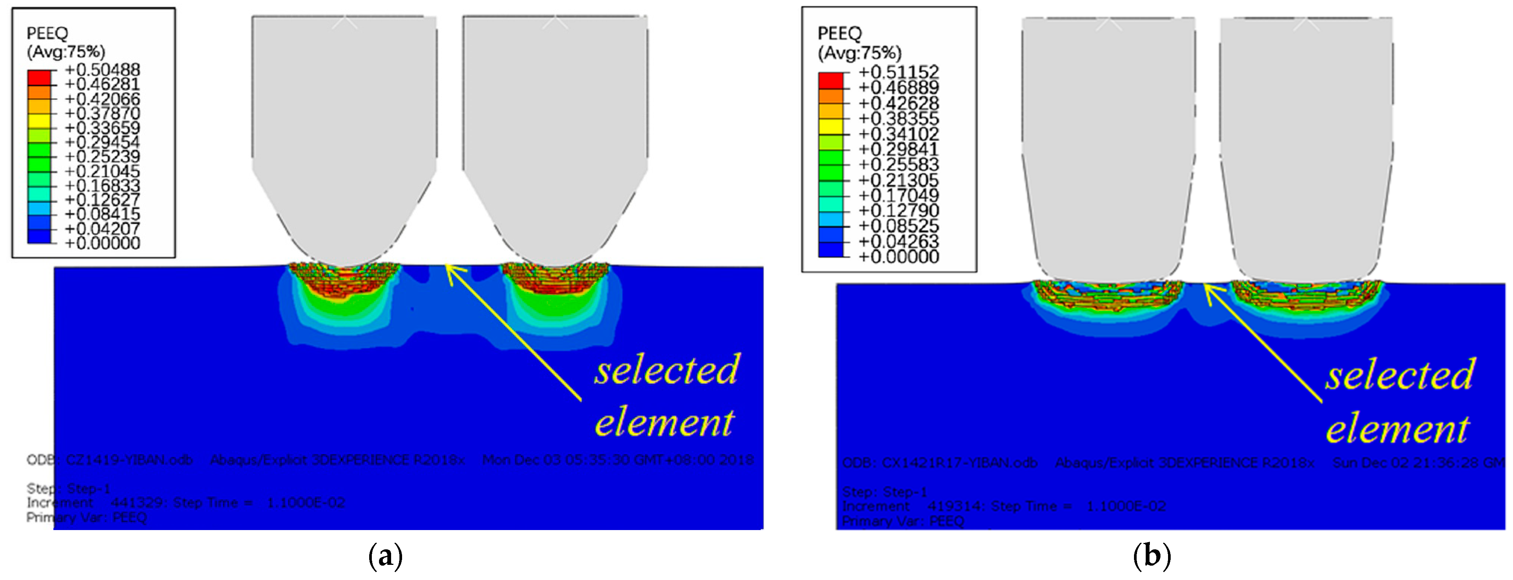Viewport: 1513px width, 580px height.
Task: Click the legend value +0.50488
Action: click(102, 70)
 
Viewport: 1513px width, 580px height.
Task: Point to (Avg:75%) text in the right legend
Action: click(859, 53)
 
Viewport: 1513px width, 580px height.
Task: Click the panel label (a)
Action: click(385, 555)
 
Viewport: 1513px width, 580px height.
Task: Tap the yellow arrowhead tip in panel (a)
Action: click(446, 266)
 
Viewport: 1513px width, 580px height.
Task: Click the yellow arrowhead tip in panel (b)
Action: click(1205, 285)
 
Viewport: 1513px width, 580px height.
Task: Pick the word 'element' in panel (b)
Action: click(1397, 429)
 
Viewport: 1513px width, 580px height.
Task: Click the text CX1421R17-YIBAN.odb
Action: click(959, 463)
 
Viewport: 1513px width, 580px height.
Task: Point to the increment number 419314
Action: click(954, 506)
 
